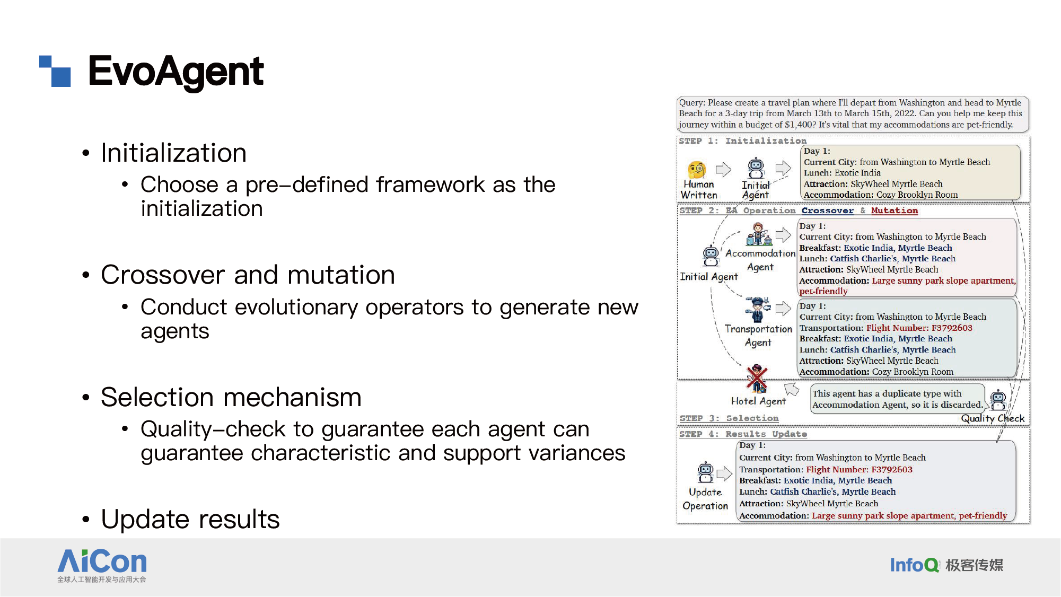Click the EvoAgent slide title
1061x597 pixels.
point(176,71)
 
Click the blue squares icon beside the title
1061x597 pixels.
point(55,71)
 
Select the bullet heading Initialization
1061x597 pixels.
point(173,153)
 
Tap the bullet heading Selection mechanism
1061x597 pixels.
point(231,397)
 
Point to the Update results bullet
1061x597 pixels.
point(190,519)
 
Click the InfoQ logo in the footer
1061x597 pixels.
point(946,565)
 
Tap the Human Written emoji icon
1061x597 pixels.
point(697,170)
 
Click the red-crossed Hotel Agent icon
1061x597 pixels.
point(757,379)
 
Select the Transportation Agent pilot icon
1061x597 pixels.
point(758,310)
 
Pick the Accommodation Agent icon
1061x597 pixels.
point(759,234)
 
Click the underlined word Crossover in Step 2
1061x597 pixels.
point(828,210)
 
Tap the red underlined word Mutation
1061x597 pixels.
point(895,210)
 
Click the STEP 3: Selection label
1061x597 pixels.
point(729,418)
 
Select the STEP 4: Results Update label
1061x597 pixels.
point(743,434)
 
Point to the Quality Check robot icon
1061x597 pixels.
point(998,400)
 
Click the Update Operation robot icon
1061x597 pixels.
point(705,472)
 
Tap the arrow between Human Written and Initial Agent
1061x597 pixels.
point(723,170)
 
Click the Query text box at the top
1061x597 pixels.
point(853,113)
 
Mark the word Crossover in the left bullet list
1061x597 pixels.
point(163,275)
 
